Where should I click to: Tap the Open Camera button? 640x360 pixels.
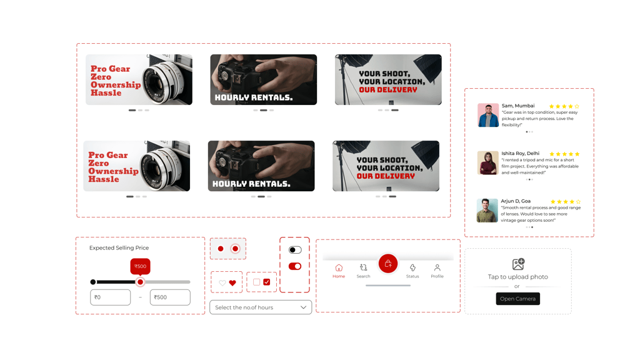click(x=517, y=299)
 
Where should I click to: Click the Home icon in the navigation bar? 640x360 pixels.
click(x=339, y=267)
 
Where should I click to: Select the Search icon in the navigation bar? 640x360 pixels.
click(x=363, y=267)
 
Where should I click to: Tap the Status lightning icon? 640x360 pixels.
click(x=412, y=267)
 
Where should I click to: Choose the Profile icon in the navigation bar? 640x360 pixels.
click(x=437, y=267)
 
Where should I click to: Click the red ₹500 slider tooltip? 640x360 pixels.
click(x=141, y=266)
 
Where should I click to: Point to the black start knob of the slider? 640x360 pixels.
click(x=93, y=282)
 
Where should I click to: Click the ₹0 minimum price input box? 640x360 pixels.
click(x=110, y=297)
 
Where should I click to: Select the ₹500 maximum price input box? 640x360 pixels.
click(x=170, y=297)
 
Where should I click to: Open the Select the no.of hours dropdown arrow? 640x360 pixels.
click(x=303, y=307)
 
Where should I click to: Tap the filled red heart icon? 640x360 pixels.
click(x=232, y=283)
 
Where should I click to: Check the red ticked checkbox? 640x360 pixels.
click(x=266, y=282)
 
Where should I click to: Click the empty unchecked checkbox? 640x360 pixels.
click(x=256, y=282)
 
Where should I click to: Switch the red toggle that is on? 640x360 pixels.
click(x=295, y=266)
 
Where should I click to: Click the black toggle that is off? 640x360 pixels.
click(x=295, y=250)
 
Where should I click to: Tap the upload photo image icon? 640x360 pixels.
click(x=518, y=264)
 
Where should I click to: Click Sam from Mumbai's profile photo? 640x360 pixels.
click(x=488, y=115)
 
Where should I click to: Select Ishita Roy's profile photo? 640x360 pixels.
click(x=487, y=163)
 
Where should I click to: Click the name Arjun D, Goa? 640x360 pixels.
click(x=516, y=201)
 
